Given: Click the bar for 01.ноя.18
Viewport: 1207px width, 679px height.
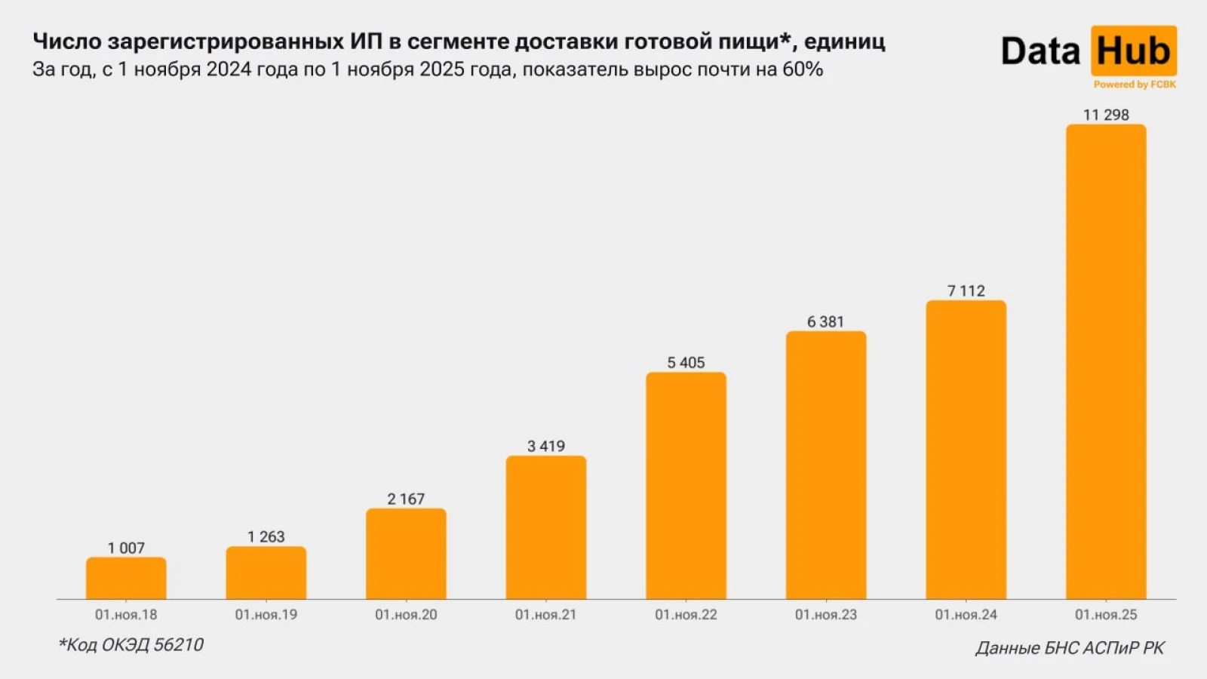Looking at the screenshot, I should point(126,579).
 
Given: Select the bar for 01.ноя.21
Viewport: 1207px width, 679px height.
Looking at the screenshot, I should point(545,528).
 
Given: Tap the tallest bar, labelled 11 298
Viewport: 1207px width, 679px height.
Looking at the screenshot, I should point(1106,362).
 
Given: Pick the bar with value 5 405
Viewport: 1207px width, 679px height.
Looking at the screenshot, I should point(686,486).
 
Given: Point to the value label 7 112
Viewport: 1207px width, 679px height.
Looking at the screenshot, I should point(966,291).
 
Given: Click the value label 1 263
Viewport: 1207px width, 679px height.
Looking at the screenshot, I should point(266,536).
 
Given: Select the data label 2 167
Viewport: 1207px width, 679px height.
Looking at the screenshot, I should point(406,499).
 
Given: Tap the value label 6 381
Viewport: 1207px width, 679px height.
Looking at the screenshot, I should point(825,322).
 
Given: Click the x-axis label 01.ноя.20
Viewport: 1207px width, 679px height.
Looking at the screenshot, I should point(406,615).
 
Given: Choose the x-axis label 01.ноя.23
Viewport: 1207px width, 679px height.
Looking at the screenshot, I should point(825,615).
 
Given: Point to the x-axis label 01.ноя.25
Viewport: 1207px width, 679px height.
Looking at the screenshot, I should point(1106,615).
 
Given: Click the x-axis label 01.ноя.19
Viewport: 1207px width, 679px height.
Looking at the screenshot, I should point(266,615).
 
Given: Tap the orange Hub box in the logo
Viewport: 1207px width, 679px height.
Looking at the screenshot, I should point(1133,51).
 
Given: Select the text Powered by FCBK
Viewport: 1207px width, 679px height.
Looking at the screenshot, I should point(1135,84).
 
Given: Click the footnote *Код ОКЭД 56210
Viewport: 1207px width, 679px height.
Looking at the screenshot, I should point(131,645).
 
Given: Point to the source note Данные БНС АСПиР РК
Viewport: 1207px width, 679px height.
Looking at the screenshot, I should point(1070,648).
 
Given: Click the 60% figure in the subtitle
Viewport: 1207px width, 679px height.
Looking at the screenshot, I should point(803,69).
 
